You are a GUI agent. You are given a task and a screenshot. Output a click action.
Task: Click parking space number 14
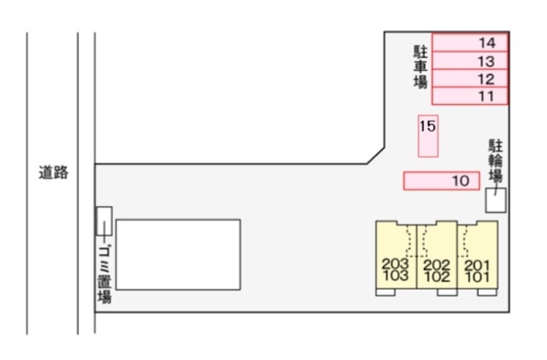(470, 43)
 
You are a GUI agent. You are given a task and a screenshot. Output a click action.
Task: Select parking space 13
(470, 61)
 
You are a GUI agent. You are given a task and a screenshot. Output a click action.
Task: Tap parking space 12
(470, 79)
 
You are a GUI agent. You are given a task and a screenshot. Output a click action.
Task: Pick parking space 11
(470, 96)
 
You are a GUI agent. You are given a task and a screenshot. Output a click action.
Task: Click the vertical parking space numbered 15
(428, 136)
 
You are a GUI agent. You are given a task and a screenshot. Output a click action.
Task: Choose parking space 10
(441, 181)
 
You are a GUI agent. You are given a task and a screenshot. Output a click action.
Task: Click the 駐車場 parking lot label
(421, 67)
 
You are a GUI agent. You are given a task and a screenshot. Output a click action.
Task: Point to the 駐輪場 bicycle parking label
(496, 161)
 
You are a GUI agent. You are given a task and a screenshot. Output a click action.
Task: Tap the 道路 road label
(53, 173)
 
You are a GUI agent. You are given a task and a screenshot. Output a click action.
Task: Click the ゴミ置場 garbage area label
(104, 274)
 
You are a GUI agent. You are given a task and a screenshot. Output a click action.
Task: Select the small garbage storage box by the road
(104, 221)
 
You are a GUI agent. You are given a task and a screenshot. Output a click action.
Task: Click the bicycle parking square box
(496, 200)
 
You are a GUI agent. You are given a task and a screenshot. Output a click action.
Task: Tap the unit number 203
(395, 263)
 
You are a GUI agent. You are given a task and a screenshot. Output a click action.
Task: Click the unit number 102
(437, 277)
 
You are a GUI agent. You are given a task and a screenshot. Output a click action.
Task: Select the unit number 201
(477, 265)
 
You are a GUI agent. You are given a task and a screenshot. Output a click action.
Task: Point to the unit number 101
(477, 277)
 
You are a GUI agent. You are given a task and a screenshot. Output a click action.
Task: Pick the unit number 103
(396, 275)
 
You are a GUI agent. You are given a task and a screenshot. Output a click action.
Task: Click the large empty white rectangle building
(179, 255)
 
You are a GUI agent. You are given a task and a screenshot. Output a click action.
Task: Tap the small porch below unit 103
(385, 292)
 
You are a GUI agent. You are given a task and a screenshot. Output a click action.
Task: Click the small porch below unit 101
(487, 292)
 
